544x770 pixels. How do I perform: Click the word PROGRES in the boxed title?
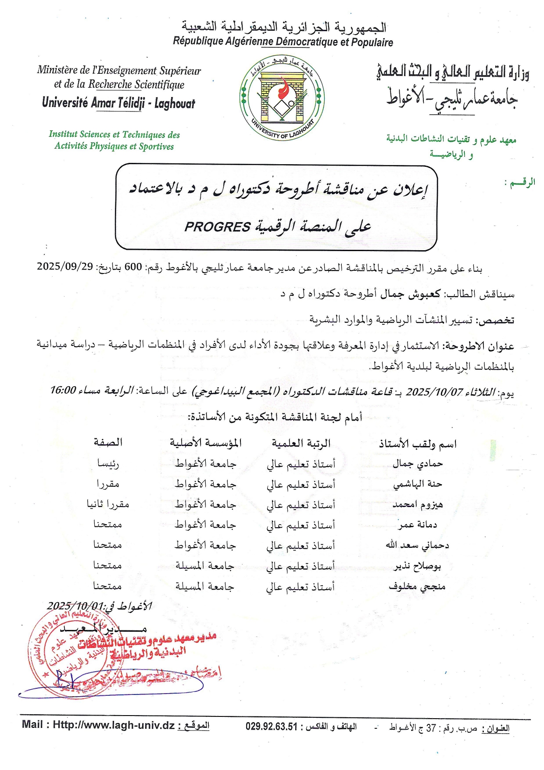(217, 227)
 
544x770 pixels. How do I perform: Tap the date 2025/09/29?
(64, 266)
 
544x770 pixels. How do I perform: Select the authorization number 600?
(133, 267)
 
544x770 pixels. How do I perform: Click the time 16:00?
(63, 390)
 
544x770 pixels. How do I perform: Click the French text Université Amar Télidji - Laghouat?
(118, 103)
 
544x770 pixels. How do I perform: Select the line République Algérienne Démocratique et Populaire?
(283, 42)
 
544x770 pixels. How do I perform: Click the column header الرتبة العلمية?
(301, 443)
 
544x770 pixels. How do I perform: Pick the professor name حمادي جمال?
(418, 464)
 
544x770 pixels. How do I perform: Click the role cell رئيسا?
(108, 464)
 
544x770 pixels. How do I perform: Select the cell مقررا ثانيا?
(108, 504)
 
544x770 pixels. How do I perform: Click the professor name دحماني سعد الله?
(418, 545)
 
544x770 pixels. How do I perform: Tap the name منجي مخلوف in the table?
(417, 586)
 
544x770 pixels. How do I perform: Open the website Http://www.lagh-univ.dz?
(114, 725)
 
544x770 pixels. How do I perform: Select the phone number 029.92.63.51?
(272, 727)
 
